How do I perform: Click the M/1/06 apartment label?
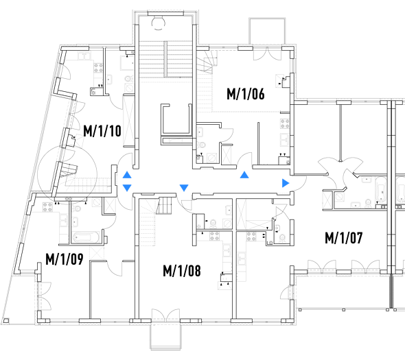point(246,94)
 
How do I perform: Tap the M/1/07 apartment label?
point(344,238)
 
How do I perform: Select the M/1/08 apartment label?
point(182,271)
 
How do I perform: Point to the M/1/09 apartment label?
point(65,259)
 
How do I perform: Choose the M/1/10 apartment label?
point(102,131)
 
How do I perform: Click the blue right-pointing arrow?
point(286,183)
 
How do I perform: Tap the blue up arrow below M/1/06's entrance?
point(244,175)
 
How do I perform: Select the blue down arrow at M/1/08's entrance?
point(184,188)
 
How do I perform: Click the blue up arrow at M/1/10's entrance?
point(127,175)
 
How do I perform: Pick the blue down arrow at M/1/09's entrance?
point(127,188)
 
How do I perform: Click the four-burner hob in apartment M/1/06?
point(285,123)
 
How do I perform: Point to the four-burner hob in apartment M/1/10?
point(98,68)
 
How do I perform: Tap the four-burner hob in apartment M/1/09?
point(47,206)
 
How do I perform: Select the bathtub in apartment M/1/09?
point(86,237)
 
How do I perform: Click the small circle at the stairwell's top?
point(158,23)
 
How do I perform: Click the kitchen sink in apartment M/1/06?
point(285,140)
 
